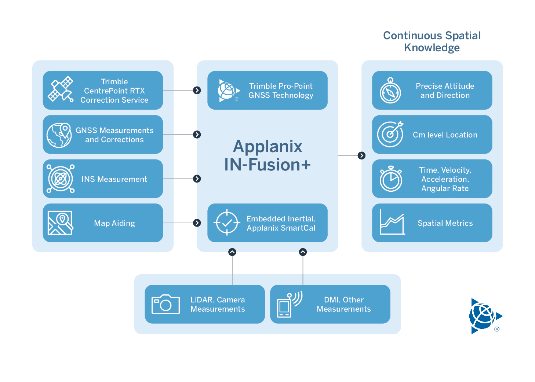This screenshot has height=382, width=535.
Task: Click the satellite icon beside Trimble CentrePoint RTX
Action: pos(61,89)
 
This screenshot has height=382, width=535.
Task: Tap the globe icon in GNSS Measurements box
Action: pos(59,135)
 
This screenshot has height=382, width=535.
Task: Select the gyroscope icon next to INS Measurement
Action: pos(61,179)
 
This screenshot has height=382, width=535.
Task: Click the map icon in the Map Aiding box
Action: pos(61,223)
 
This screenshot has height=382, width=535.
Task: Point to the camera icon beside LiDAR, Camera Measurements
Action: pos(165,304)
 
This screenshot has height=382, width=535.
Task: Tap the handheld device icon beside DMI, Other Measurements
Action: pos(290,304)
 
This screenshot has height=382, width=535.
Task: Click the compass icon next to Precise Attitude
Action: pos(390,90)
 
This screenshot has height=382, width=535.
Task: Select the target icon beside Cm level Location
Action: pos(390,134)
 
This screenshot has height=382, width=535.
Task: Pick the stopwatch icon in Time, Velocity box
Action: pos(391,179)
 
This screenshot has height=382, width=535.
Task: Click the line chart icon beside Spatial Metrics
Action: pos(392,222)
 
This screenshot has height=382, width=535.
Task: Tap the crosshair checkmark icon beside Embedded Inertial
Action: pos(227,223)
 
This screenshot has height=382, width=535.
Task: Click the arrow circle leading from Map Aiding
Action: pos(197,223)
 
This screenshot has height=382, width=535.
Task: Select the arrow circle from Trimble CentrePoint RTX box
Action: pos(197,90)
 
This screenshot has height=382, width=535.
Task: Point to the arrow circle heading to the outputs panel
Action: pos(361,155)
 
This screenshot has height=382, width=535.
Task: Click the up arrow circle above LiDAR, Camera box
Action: pos(232,252)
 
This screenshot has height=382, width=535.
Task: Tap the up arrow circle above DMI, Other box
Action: pos(303,252)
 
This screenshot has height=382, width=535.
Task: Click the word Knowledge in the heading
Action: pos(432,48)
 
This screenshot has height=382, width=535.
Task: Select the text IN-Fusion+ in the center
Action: pos(267,164)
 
